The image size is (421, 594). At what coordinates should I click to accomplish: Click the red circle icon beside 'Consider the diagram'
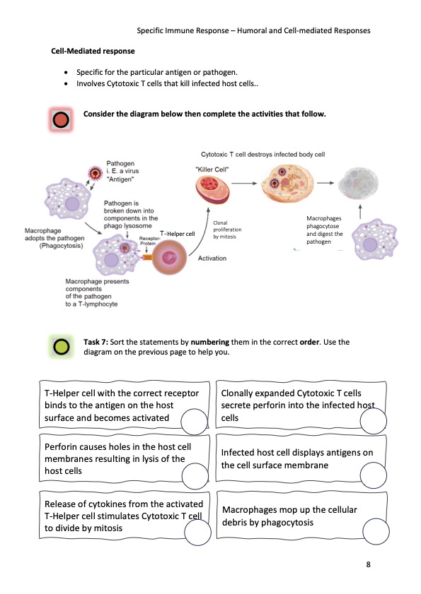pyautogui.click(x=62, y=120)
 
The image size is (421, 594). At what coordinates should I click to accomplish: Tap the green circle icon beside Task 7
pyautogui.click(x=62, y=346)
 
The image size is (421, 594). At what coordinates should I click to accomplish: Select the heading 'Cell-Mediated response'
pyautogui.click(x=93, y=52)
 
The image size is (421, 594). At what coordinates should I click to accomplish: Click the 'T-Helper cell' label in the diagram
pyautogui.click(x=177, y=233)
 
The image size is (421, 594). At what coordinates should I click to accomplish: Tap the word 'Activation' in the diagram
pyautogui.click(x=212, y=259)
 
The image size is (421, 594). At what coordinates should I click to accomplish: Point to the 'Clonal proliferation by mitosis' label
pyautogui.click(x=227, y=230)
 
